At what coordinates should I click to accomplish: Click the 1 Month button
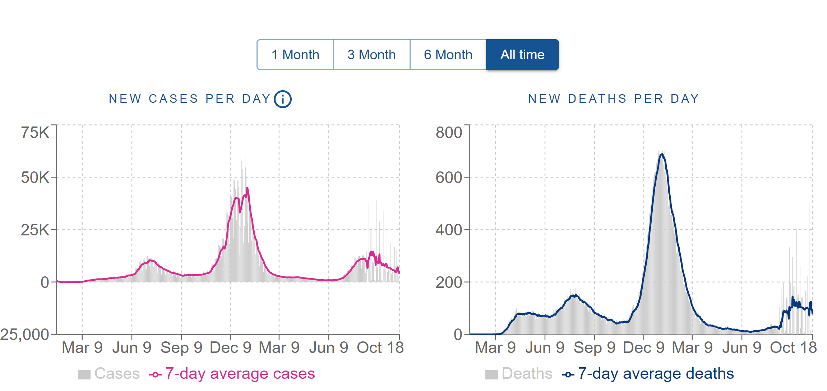pyautogui.click(x=295, y=55)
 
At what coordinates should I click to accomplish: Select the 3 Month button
pyautogui.click(x=371, y=55)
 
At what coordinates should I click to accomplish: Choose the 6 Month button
pyautogui.click(x=448, y=55)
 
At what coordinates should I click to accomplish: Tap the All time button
pyautogui.click(x=522, y=55)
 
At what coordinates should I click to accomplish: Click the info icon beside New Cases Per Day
pyautogui.click(x=283, y=99)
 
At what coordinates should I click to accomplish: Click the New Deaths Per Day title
pyautogui.click(x=614, y=98)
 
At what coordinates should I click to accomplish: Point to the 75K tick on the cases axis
pyautogui.click(x=35, y=133)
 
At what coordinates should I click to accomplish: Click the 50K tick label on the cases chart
pyautogui.click(x=35, y=178)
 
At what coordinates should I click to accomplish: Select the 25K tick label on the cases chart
pyautogui.click(x=35, y=230)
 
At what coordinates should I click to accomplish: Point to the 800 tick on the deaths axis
pyautogui.click(x=449, y=133)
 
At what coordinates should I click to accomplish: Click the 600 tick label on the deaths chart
pyautogui.click(x=449, y=178)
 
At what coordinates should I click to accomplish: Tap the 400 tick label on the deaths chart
pyautogui.click(x=449, y=230)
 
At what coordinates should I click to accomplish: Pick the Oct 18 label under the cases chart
pyautogui.click(x=380, y=348)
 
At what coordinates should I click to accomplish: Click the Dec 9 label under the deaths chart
pyautogui.click(x=643, y=348)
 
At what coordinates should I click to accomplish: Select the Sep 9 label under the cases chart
pyautogui.click(x=181, y=348)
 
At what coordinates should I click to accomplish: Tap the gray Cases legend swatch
pyautogui.click(x=84, y=374)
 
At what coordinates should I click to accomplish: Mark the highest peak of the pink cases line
pyautogui.click(x=248, y=188)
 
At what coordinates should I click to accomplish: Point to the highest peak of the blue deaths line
pyautogui.click(x=662, y=154)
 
